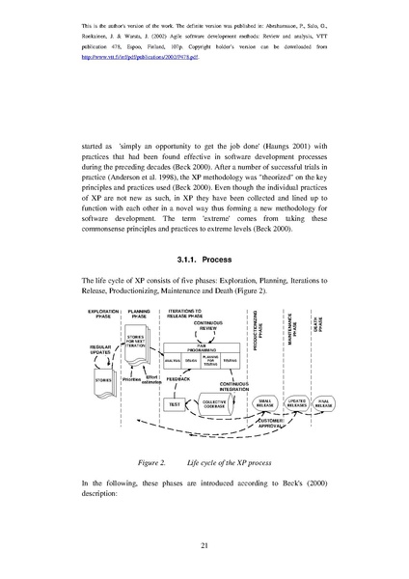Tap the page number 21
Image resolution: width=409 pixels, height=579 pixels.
[204, 546]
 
